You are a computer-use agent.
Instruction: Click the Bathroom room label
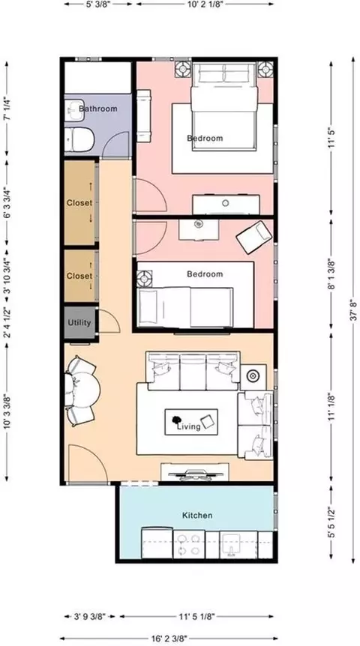click(97, 109)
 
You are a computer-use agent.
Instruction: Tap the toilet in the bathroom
click(79, 139)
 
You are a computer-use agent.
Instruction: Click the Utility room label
click(79, 322)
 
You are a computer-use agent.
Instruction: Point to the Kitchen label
click(197, 515)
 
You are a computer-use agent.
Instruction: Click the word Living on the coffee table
click(188, 426)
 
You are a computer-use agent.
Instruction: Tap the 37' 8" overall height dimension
click(353, 310)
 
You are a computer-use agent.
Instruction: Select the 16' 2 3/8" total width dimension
click(169, 639)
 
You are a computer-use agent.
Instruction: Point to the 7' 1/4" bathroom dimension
click(6, 109)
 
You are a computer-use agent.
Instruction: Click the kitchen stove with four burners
click(189, 544)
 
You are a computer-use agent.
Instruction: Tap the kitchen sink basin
click(232, 544)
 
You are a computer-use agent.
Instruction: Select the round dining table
click(82, 390)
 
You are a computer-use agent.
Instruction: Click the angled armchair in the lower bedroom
click(254, 237)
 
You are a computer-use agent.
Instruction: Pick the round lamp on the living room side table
click(251, 375)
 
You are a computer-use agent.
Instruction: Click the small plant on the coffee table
click(176, 420)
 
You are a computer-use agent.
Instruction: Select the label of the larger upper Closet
click(79, 202)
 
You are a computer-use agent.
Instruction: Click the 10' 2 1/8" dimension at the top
click(205, 4)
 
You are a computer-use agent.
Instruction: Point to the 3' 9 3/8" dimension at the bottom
click(90, 617)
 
